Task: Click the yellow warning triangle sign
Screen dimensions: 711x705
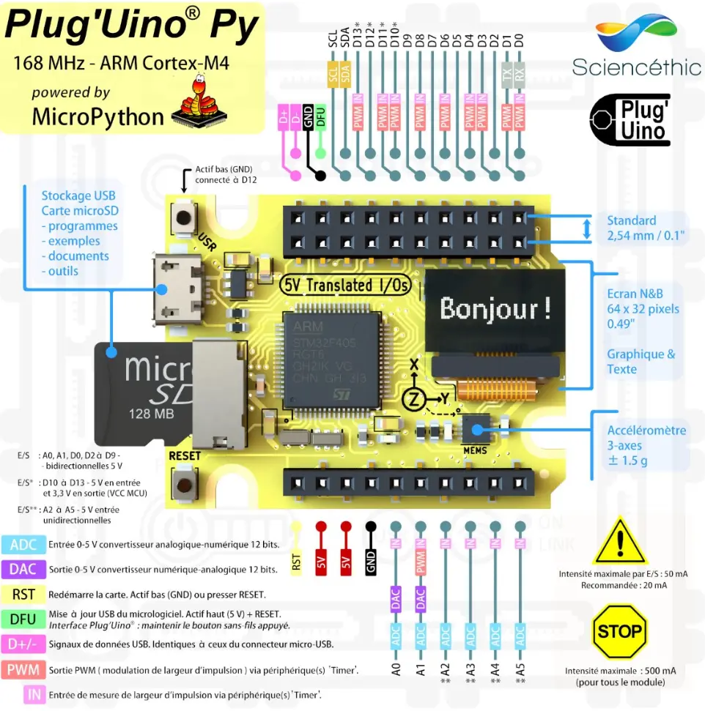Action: click(620, 543)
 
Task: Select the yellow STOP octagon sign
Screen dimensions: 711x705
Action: click(619, 630)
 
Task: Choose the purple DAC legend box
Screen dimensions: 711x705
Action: click(23, 569)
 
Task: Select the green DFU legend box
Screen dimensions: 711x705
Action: click(23, 619)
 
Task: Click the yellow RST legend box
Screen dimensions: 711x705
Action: click(23, 594)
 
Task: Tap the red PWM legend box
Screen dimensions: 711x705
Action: click(23, 669)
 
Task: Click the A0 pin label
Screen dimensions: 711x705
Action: click(396, 668)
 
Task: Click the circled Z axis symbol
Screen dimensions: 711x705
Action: click(413, 398)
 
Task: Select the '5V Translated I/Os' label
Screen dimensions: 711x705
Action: click(347, 285)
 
